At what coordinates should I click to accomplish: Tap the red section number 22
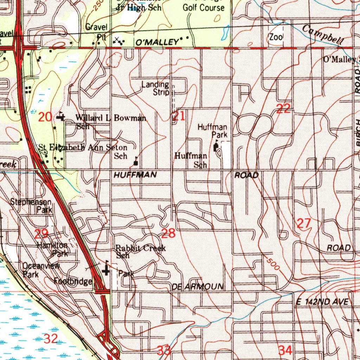[283, 109]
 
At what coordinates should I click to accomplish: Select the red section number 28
[168, 233]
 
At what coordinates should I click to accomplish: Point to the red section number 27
[304, 224]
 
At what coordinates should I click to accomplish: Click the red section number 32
[51, 339]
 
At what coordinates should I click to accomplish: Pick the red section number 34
[285, 350]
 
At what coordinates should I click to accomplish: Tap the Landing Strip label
[156, 88]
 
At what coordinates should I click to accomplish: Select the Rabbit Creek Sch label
[140, 252]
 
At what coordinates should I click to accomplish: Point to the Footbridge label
[73, 281]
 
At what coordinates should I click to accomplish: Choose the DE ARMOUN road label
[198, 287]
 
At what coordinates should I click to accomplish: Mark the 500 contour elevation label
[272, 264]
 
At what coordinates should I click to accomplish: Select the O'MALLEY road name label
[157, 43]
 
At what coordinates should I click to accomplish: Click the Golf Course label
[203, 7]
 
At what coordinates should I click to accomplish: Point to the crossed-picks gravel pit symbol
[117, 40]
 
